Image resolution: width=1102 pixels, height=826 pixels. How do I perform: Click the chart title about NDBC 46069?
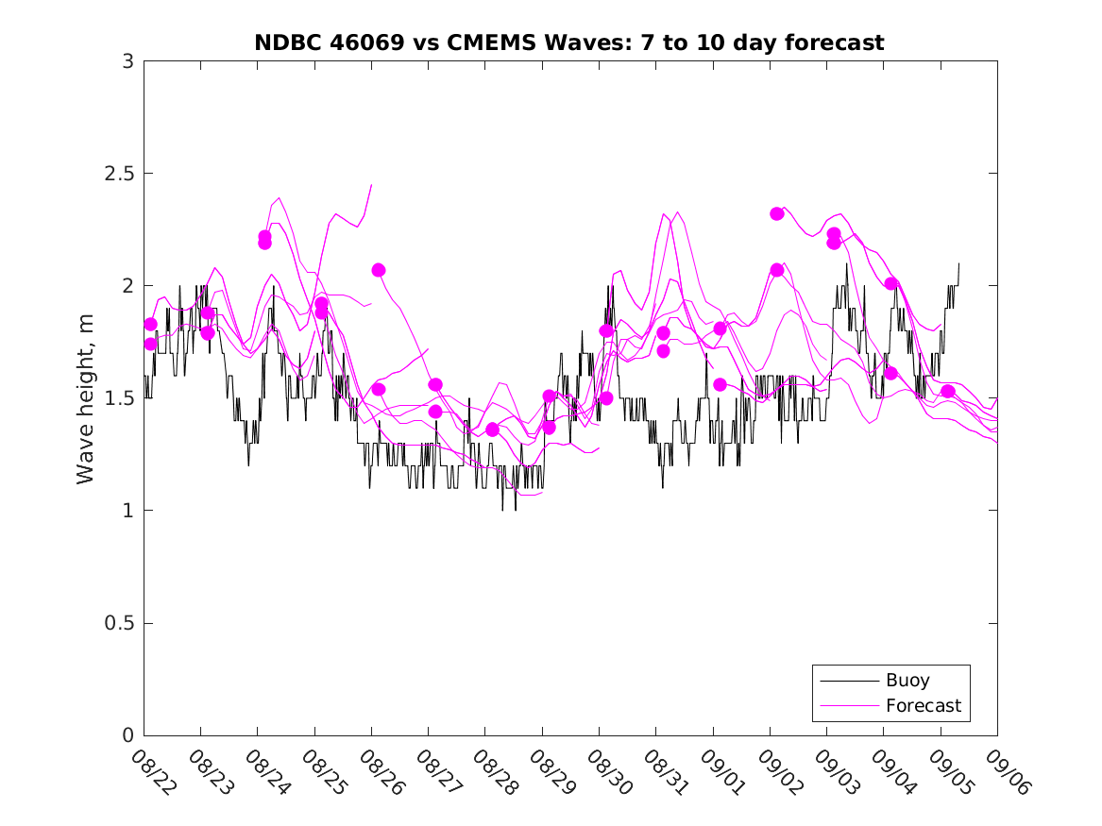click(569, 42)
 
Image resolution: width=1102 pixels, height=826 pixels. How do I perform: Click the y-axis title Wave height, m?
click(86, 398)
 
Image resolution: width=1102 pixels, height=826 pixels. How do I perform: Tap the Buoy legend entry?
click(907, 680)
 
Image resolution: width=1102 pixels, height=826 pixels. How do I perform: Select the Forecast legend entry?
click(923, 705)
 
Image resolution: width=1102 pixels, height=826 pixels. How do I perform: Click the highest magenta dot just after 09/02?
click(777, 213)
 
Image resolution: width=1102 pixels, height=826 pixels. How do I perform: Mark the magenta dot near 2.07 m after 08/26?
click(379, 270)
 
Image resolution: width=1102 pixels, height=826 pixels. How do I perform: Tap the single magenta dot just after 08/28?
click(492, 430)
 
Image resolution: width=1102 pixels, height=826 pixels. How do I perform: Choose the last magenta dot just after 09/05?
click(948, 391)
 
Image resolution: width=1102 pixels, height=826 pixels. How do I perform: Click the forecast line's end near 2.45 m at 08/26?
click(371, 185)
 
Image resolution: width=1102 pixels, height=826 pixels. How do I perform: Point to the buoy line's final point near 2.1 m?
click(958, 263)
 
